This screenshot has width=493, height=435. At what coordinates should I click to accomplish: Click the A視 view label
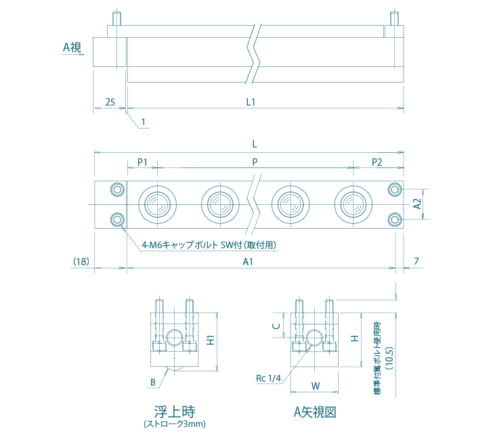click(72, 47)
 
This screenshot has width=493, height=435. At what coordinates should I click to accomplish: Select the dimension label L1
click(250, 102)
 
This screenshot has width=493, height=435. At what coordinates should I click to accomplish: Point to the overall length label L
click(254, 144)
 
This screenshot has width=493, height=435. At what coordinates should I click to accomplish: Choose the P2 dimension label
click(377, 162)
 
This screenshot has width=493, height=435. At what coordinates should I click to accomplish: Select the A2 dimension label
click(417, 203)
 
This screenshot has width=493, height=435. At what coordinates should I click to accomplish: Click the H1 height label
click(211, 341)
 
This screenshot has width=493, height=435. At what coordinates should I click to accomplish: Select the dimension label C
click(276, 325)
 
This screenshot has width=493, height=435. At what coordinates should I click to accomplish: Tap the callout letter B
click(153, 382)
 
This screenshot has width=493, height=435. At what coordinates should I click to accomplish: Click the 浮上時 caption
click(175, 411)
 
